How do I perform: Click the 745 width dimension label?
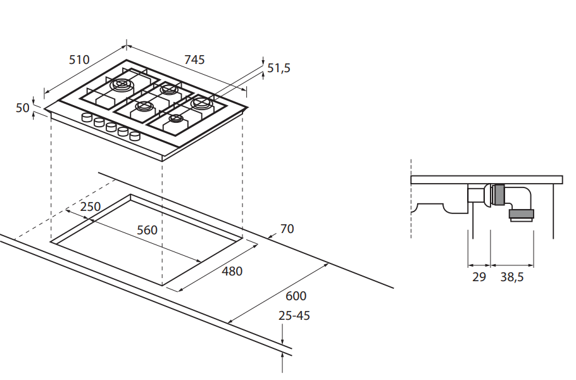tap(194, 60)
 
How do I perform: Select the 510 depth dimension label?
tap(79, 60)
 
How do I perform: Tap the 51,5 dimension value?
tap(279, 68)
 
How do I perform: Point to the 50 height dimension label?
tap(23, 108)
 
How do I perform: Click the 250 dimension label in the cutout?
tap(91, 207)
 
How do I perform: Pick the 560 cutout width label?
tap(147, 230)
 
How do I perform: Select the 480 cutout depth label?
tap(232, 271)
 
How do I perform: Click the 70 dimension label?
tap(287, 229)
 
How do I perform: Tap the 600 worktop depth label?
tap(296, 296)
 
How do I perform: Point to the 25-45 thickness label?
tap(295, 315)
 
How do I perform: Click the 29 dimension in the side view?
tap(479, 277)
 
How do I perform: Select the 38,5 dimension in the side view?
tap(512, 277)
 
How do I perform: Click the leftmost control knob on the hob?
tap(87, 118)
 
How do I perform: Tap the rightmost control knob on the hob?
tap(134, 136)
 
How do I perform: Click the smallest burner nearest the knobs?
tap(175, 118)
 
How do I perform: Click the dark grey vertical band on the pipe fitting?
tap(498, 196)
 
